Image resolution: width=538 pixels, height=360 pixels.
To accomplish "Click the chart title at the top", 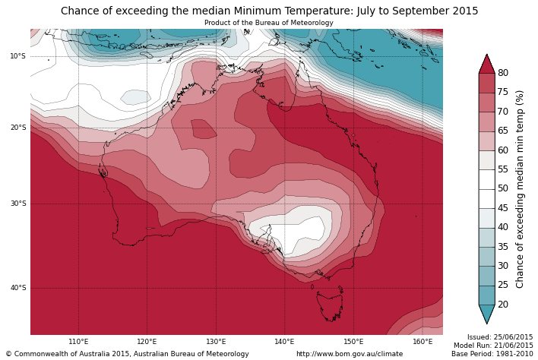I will coord(269,11).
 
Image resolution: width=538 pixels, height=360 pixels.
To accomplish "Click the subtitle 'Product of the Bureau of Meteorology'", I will coord(269,23).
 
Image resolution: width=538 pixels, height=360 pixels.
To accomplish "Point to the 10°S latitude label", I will coord(17,56).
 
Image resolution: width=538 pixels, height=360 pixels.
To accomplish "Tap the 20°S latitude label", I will coord(17,128).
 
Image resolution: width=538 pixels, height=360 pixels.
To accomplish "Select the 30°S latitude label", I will coord(17,204).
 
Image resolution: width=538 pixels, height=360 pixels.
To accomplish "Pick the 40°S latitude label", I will coord(17,288).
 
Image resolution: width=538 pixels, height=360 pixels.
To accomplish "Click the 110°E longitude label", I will coord(78,342).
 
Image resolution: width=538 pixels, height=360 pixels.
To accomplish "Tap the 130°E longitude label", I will coord(216,342).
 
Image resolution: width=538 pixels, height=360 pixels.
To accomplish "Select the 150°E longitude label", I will coord(353,342).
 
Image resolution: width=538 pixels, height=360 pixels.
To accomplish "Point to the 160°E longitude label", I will coord(422,342).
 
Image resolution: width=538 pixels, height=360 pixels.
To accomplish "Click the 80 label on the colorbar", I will coord(503,73).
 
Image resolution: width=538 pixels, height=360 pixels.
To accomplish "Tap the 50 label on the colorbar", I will coord(503,188).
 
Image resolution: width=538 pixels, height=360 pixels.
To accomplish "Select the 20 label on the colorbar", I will coord(503,305).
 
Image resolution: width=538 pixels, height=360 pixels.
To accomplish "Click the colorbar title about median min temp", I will coord(521,188).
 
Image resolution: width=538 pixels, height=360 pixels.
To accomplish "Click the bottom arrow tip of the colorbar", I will coord(486,322).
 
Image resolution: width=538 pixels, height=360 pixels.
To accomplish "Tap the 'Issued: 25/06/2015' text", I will coord(500,337).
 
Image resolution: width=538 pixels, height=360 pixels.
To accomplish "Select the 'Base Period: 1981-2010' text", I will coord(492,354).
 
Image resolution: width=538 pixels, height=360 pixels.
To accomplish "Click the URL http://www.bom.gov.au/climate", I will coord(350,354).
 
